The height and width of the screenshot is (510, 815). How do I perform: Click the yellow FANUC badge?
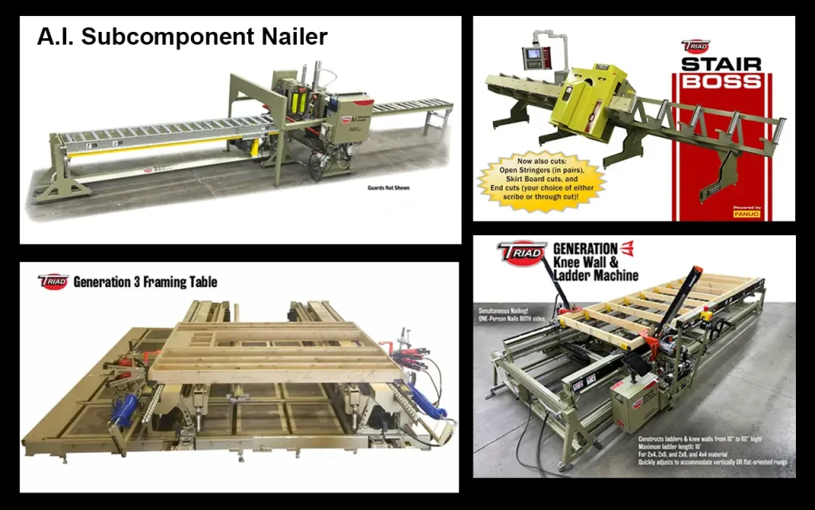click(x=747, y=214)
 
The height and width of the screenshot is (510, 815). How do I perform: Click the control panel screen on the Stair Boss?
click(x=531, y=57)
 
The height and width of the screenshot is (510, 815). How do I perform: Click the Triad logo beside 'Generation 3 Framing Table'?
click(x=53, y=280)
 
